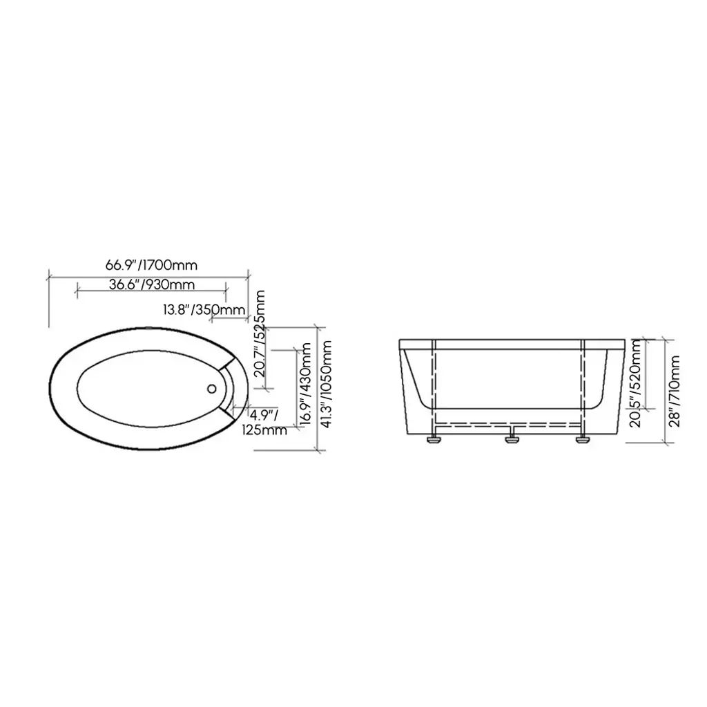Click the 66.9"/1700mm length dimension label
(151, 264)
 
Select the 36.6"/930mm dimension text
(152, 284)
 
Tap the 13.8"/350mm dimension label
(204, 310)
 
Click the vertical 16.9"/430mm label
(305, 384)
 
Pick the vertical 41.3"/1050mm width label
(326, 383)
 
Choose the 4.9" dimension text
(264, 414)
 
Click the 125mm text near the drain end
(264, 429)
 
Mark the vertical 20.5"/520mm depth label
(635, 384)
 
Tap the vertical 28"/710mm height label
(675, 391)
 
